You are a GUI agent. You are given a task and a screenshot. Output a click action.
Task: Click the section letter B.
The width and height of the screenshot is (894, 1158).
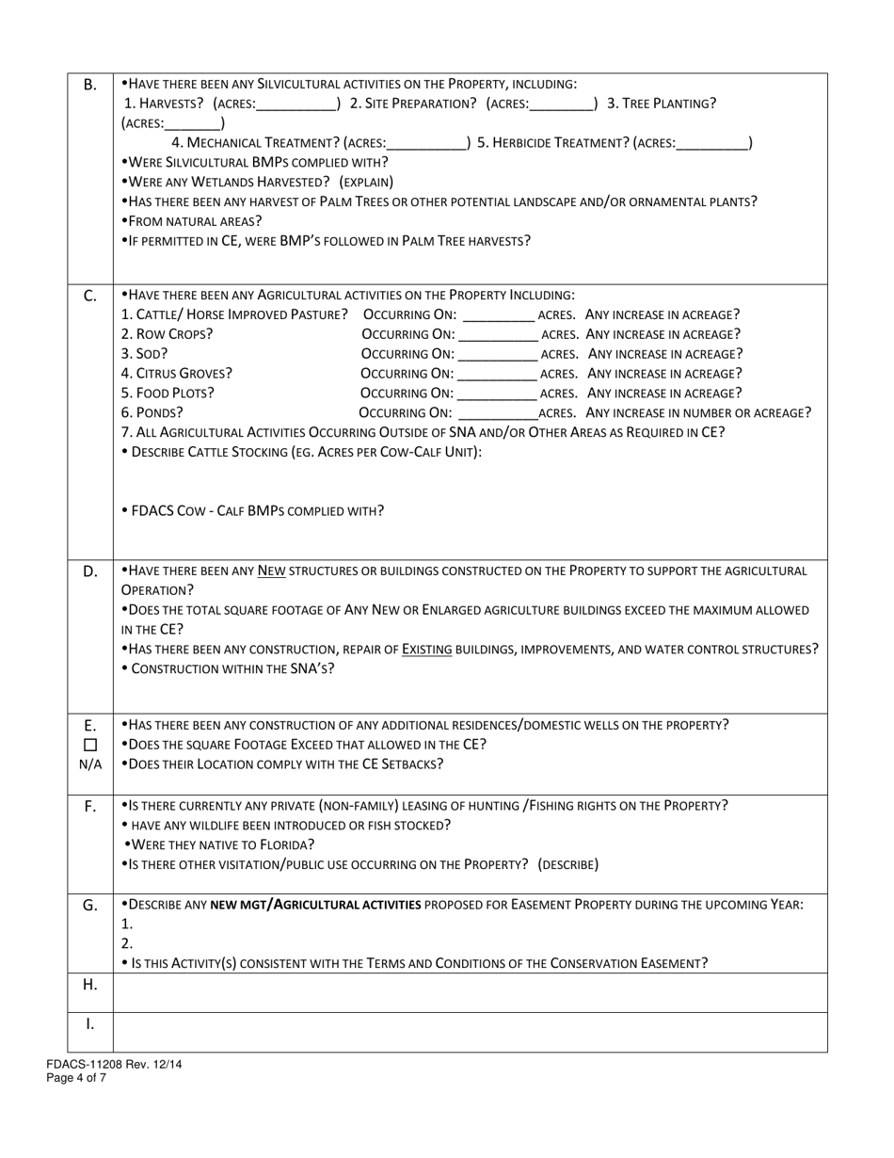90,85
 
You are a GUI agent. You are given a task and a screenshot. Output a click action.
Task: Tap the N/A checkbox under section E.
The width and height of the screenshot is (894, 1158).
90,745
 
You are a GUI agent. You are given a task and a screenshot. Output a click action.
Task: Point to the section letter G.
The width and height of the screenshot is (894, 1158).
90,905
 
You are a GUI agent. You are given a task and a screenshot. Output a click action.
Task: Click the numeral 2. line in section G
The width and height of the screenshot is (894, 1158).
128,943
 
